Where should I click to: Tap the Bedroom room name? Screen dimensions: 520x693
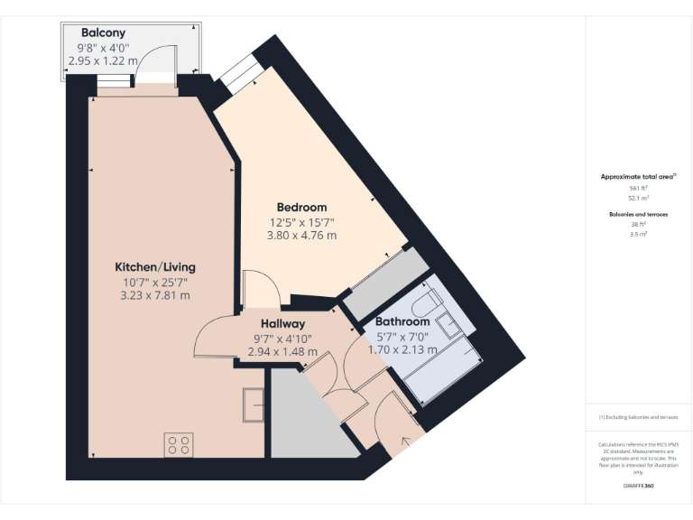(302, 207)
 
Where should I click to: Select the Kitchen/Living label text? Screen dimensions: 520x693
(154, 267)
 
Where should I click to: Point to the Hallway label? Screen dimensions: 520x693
(282, 323)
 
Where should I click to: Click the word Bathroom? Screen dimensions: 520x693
(402, 321)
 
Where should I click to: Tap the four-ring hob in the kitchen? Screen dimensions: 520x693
(179, 444)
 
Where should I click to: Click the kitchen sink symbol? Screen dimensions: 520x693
(253, 404)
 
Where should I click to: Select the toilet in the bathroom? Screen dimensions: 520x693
(430, 301)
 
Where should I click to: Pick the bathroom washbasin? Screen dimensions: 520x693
(448, 320)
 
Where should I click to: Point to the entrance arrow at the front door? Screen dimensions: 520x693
(405, 441)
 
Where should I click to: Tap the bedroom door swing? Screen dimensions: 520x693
(262, 289)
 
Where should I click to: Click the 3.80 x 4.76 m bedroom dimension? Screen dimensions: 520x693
(302, 236)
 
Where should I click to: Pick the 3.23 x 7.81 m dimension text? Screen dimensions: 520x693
(154, 295)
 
